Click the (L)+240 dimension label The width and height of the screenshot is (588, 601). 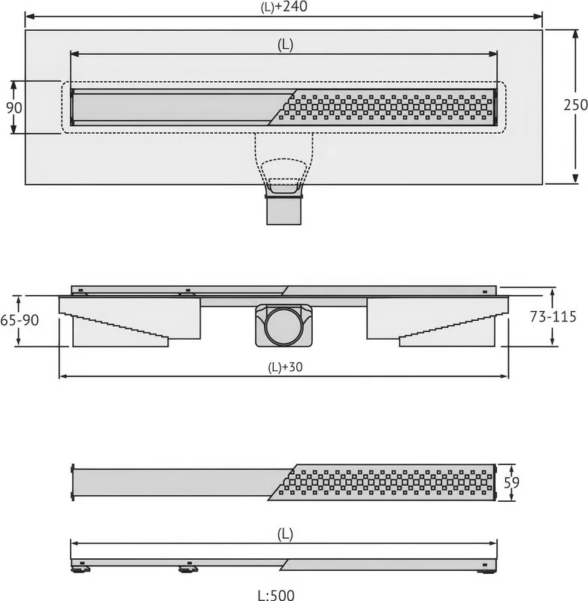pyautogui.click(x=283, y=7)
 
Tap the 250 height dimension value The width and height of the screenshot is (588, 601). pyautogui.click(x=575, y=104)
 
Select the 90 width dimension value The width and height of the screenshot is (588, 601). pyautogui.click(x=14, y=107)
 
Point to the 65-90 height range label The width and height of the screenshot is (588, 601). pyautogui.click(x=20, y=320)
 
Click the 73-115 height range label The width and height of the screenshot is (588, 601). pyautogui.click(x=553, y=316)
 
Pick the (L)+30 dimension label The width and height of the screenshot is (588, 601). pyautogui.click(x=285, y=367)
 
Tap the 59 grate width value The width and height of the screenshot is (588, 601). pyautogui.click(x=511, y=482)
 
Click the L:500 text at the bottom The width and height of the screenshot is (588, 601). pyautogui.click(x=276, y=595)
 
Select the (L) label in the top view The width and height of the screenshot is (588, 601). pyautogui.click(x=285, y=45)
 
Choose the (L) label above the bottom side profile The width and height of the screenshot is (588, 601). pyautogui.click(x=285, y=534)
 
